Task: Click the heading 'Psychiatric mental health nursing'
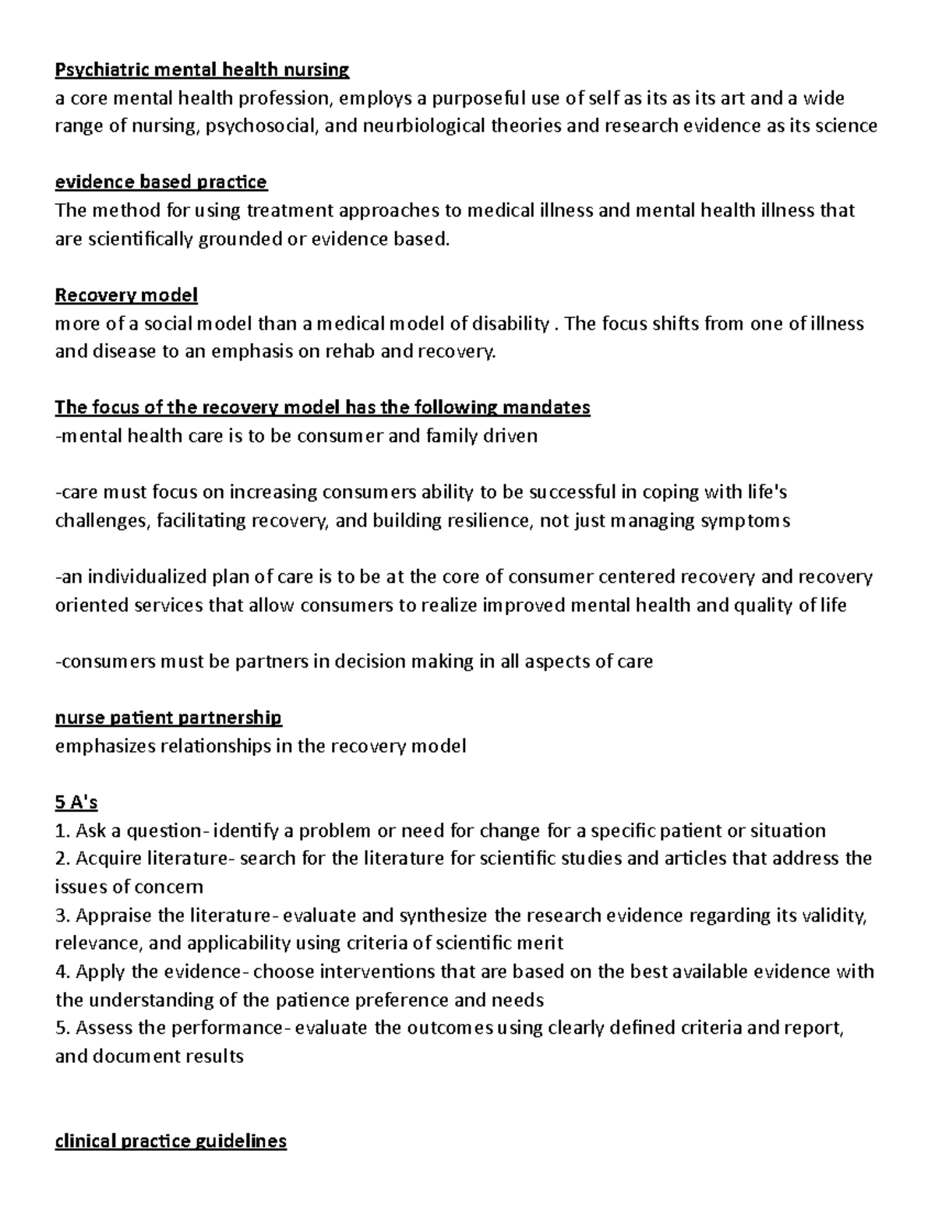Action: click(202, 70)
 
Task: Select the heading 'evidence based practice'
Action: click(161, 182)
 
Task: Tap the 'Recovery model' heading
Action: click(126, 295)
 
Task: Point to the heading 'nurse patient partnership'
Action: click(168, 718)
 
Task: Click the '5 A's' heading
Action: click(76, 802)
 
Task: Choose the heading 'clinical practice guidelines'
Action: click(171, 1141)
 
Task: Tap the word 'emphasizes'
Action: click(105, 746)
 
